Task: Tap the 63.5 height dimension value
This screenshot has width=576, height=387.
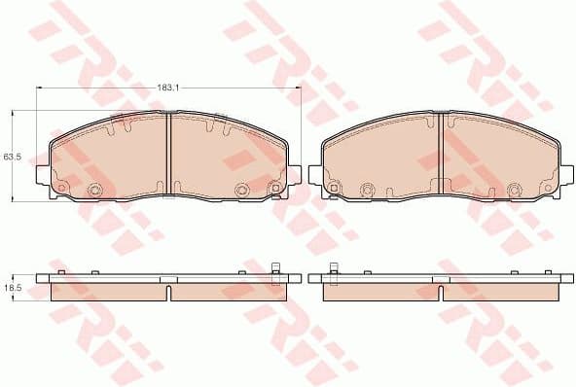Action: click(11, 156)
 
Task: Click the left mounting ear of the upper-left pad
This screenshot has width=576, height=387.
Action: click(43, 174)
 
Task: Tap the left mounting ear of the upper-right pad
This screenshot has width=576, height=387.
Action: click(315, 174)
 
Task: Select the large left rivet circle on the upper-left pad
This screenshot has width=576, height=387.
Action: click(95, 190)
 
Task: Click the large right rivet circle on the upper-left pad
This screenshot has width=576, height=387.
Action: click(242, 190)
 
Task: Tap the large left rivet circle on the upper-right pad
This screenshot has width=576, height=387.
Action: click(368, 190)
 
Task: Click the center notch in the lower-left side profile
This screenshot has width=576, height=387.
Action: click(169, 291)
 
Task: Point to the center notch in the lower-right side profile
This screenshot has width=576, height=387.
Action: click(443, 291)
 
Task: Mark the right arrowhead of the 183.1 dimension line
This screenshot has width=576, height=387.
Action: click(298, 88)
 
